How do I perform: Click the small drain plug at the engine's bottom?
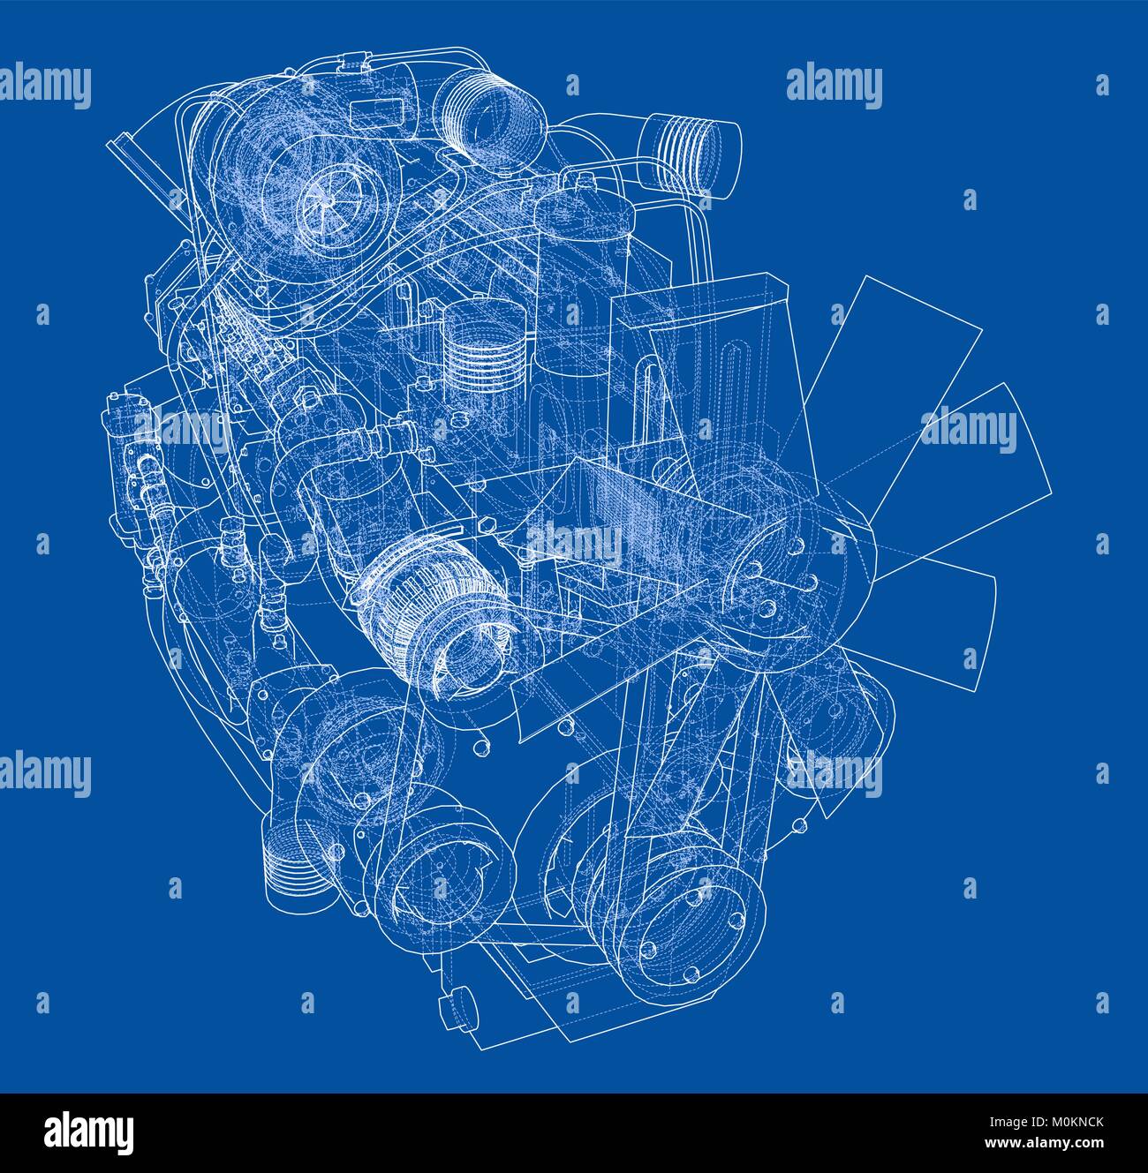[456, 1004]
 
